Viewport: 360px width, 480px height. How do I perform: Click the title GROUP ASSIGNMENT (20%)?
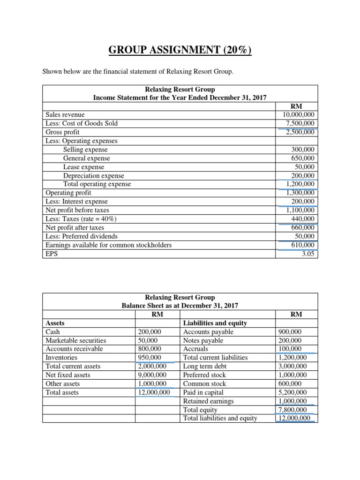[180, 50]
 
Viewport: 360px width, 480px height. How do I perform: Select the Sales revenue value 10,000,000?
[299, 114]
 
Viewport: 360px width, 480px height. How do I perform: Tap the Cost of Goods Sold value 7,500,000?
[300, 123]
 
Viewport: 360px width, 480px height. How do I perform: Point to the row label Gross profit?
[63, 132]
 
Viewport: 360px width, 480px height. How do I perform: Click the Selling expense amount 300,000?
[303, 150]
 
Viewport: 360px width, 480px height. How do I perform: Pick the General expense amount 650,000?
[303, 158]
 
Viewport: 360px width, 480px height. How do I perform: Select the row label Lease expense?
[83, 167]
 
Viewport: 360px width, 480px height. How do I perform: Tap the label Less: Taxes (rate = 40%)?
[81, 219]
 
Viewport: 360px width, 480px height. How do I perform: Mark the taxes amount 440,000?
[303, 219]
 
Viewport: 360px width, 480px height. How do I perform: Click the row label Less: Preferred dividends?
[82, 236]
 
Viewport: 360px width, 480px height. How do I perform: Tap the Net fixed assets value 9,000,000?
[152, 375]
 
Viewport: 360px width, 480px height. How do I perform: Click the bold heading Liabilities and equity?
[215, 323]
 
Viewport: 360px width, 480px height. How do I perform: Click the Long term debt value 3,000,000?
[292, 366]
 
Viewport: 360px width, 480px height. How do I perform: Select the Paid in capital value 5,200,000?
[292, 392]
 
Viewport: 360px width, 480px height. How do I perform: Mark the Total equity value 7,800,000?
[292, 410]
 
